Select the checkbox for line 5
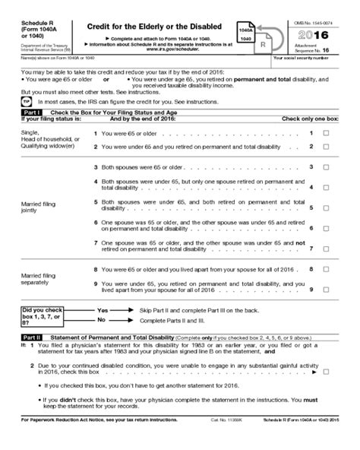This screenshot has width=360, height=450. tap(326, 207)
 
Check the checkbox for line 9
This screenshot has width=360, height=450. tap(326, 290)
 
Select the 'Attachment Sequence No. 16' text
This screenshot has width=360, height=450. tap(319, 49)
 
